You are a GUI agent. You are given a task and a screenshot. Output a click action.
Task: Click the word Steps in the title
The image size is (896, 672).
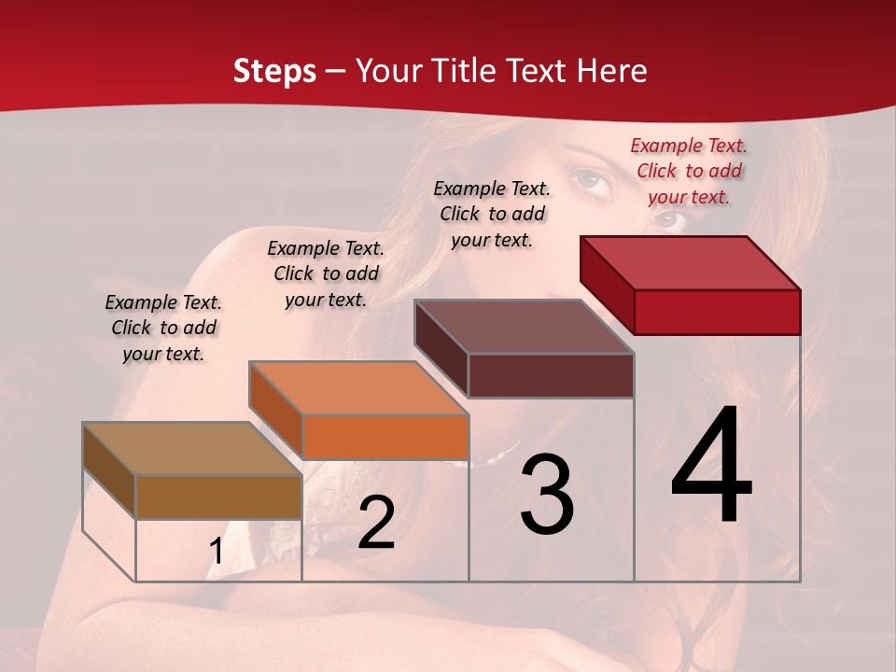click(x=274, y=72)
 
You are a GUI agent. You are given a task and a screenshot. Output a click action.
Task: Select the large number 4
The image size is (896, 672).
click(x=711, y=467)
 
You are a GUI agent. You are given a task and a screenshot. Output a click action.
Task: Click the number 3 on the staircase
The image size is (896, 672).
click(x=546, y=495)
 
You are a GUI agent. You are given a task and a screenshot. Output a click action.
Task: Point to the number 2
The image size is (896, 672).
click(x=376, y=523)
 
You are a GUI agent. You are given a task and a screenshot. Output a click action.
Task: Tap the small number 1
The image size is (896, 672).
click(x=217, y=552)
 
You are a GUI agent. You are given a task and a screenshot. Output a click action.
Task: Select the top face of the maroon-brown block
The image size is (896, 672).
click(x=525, y=327)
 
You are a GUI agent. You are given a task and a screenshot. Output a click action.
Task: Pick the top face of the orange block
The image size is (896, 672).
click(x=358, y=388)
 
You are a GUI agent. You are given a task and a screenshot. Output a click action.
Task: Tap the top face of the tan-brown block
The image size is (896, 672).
click(x=192, y=449)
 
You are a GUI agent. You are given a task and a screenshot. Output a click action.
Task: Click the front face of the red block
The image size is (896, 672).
click(x=717, y=312)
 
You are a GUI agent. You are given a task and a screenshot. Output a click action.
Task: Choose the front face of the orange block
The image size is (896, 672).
click(x=385, y=437)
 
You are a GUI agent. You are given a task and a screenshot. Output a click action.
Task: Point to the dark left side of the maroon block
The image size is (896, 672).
click(x=441, y=348)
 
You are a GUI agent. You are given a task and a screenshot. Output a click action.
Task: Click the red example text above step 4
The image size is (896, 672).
click(x=689, y=171)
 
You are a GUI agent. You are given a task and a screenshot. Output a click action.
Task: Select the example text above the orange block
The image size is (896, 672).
click(x=326, y=273)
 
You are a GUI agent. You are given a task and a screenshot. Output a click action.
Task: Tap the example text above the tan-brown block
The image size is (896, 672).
click(x=163, y=328)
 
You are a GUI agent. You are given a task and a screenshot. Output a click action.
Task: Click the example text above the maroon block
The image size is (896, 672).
click(x=492, y=214)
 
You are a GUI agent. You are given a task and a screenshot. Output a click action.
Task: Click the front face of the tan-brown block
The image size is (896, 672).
click(x=218, y=497)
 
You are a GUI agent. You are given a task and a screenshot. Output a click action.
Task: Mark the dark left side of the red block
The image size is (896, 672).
click(x=607, y=285)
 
